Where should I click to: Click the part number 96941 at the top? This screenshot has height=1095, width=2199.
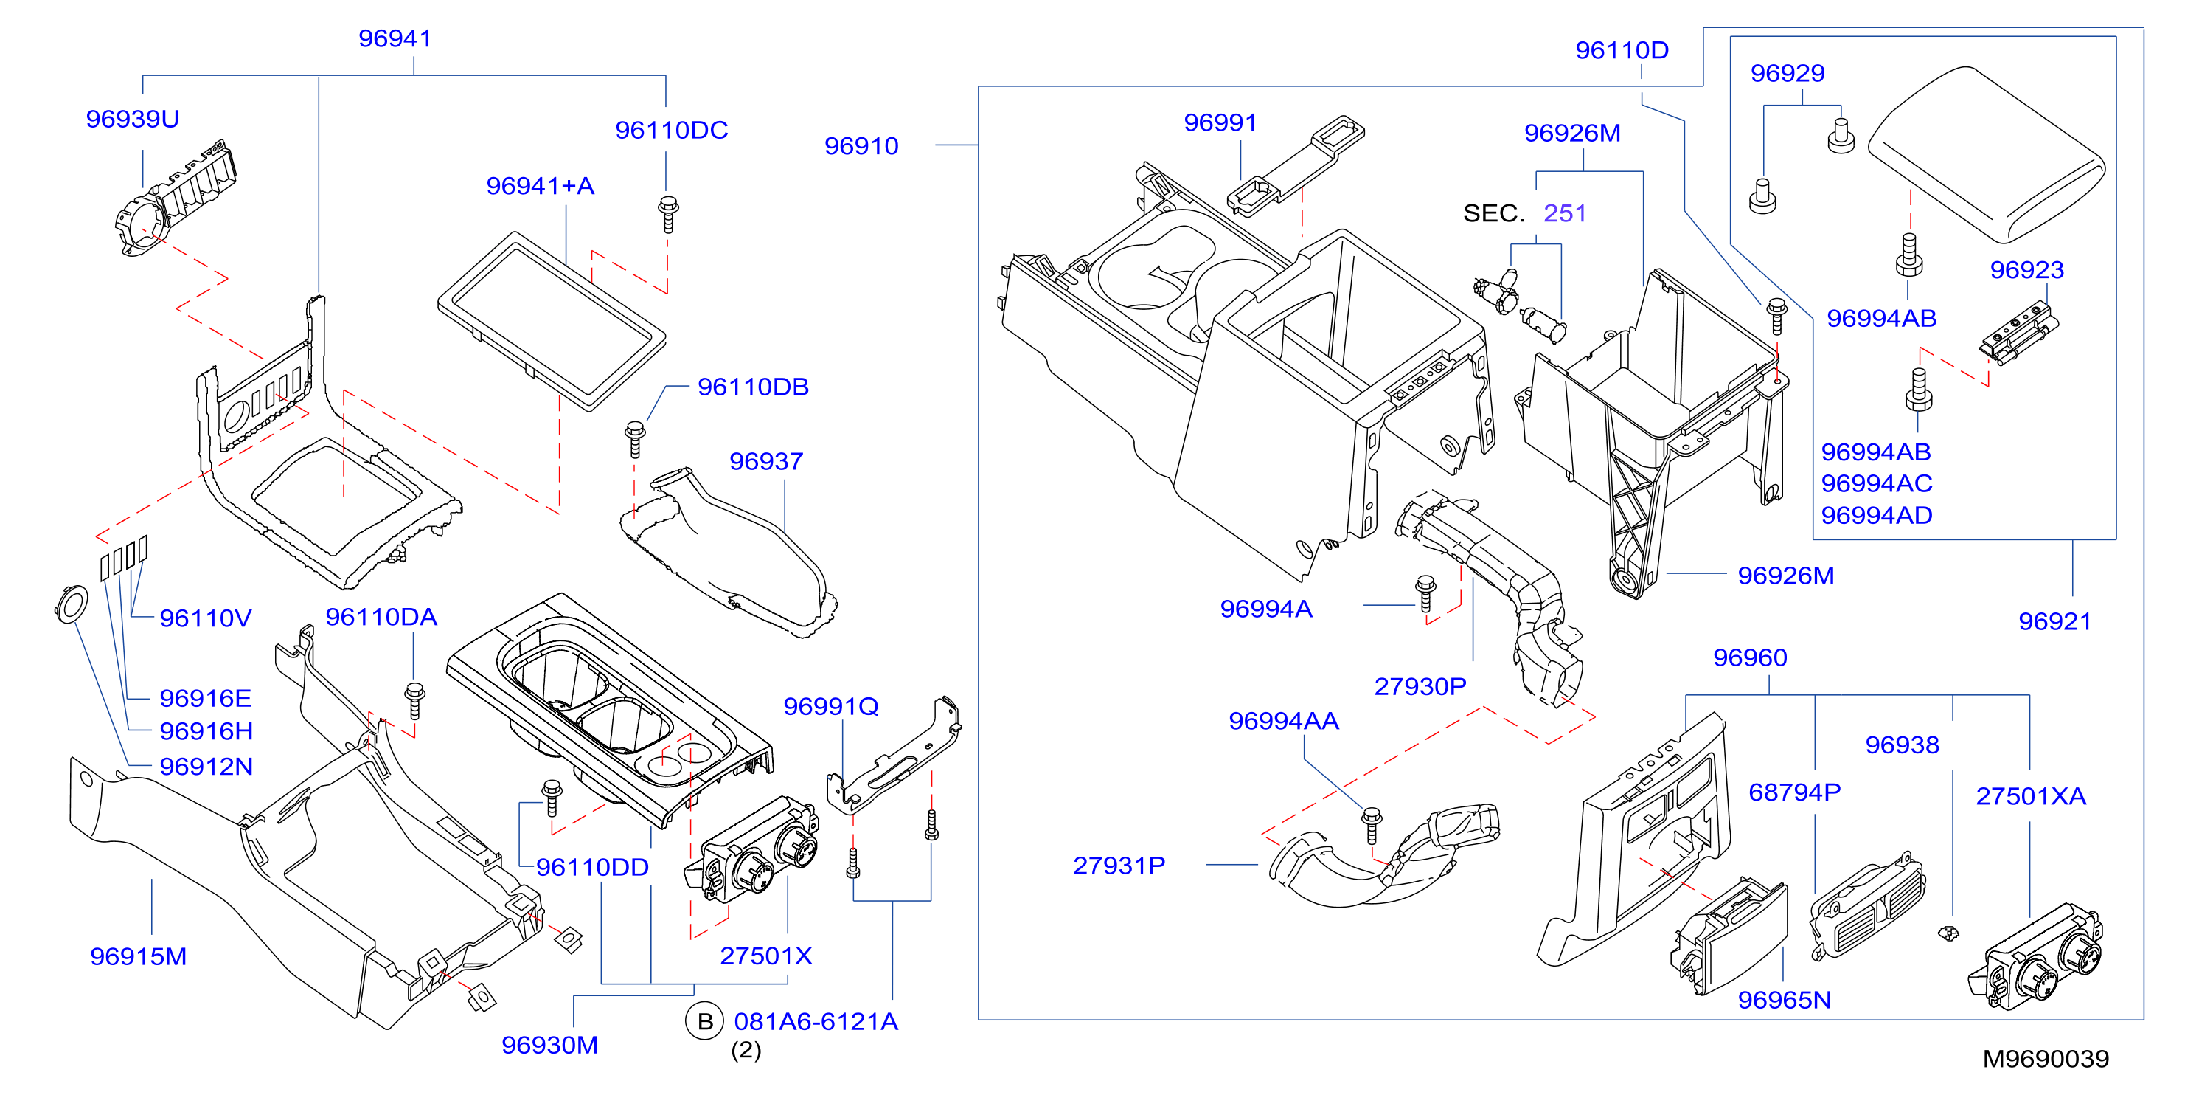point(395,38)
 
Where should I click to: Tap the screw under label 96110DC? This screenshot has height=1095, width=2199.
point(668,213)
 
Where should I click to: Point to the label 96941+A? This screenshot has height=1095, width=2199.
point(541,185)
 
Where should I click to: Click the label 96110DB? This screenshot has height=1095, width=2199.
point(753,387)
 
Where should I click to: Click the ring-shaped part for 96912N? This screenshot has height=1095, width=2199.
point(71,604)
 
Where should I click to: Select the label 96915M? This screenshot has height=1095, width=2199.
point(139,956)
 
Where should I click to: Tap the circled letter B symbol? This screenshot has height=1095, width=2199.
point(705,1021)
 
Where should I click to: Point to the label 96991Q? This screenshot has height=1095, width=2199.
point(830,706)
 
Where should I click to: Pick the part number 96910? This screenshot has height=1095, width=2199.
point(861,146)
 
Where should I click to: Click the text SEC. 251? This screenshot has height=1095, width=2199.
point(1524,213)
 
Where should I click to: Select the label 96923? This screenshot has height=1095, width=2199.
point(2026,270)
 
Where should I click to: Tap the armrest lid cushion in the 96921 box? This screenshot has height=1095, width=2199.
point(1987,155)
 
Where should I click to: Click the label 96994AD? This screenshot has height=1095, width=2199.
point(1876,515)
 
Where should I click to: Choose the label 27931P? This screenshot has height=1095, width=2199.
point(1119,866)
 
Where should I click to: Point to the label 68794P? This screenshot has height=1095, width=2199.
point(1794,792)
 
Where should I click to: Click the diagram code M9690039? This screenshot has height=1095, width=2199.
point(2046,1059)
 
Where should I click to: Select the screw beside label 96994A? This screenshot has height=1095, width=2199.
point(1425,594)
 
